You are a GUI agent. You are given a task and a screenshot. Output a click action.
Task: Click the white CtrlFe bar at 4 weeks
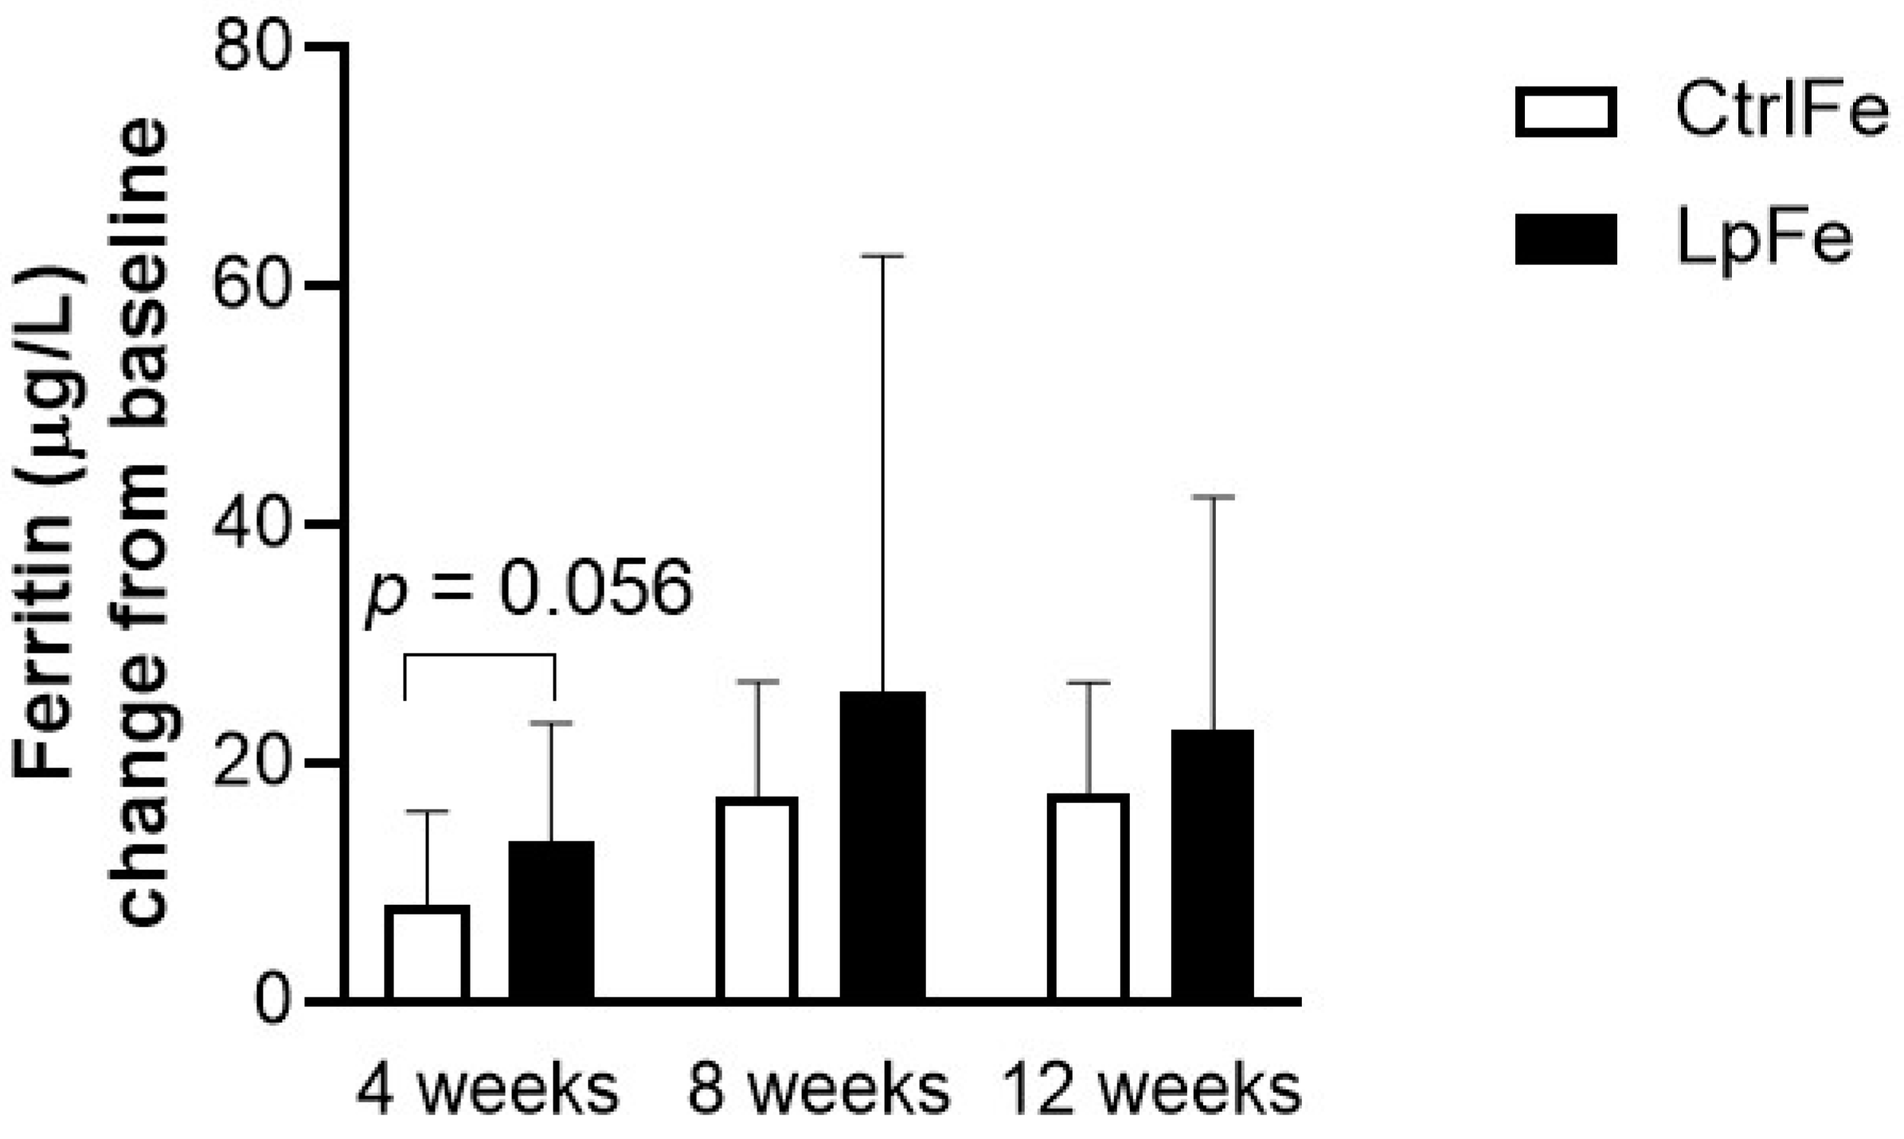pos(427,953)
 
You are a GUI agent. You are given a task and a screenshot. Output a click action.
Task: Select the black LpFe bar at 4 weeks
pos(551,921)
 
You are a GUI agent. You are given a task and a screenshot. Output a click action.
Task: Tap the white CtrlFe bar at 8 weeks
pos(757,899)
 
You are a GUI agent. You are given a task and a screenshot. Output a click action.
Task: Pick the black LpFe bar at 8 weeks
pos(882,846)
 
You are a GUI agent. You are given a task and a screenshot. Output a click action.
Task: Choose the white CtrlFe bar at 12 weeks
pos(1088,897)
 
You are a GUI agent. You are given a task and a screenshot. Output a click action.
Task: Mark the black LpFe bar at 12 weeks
pos(1212,865)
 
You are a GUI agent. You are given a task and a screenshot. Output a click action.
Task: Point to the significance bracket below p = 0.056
pos(479,656)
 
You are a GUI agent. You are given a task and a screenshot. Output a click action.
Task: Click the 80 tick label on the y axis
pos(250,45)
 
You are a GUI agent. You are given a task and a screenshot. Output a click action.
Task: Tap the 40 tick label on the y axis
pos(250,523)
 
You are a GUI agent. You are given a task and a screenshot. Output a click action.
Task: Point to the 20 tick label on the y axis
pos(250,762)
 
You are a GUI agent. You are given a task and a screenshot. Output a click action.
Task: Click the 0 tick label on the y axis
pos(271,1001)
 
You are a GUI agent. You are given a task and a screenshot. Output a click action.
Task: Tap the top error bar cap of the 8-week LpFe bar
pos(882,256)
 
